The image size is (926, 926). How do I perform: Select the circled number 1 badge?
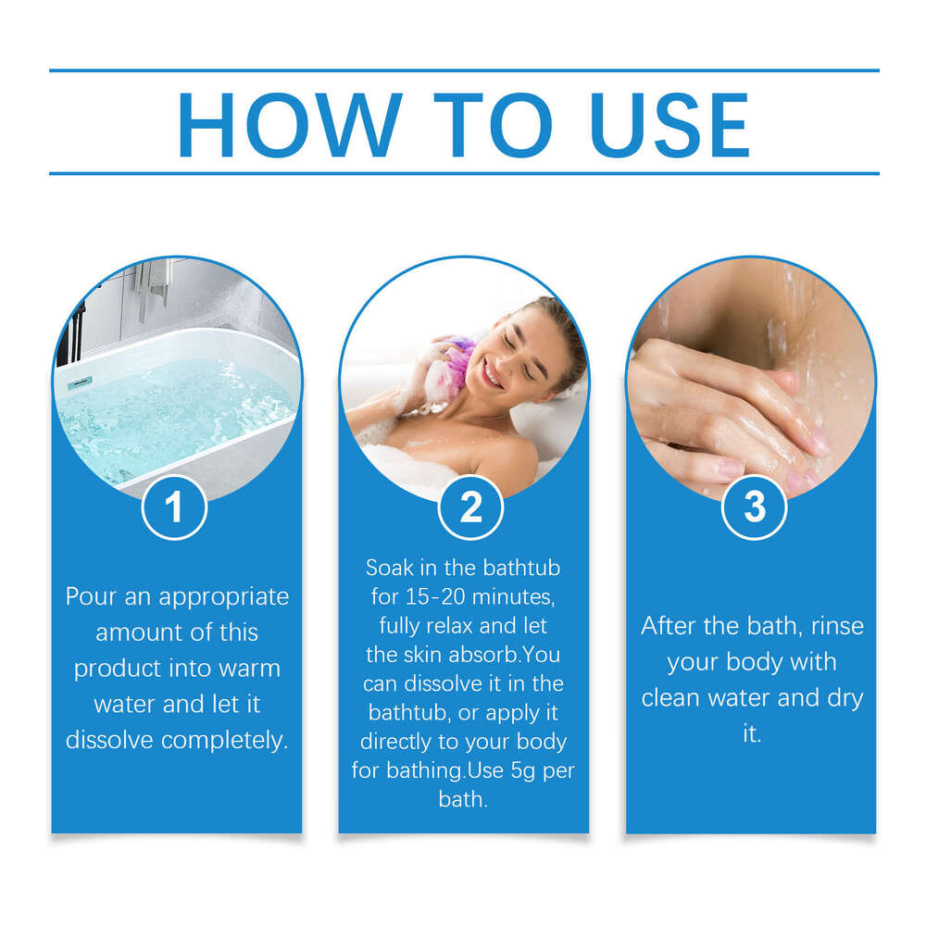coord(174,507)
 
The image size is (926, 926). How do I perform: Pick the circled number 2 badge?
coord(470,507)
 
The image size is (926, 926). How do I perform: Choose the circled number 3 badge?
coord(755,507)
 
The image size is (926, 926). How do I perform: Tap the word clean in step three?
coord(680,697)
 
